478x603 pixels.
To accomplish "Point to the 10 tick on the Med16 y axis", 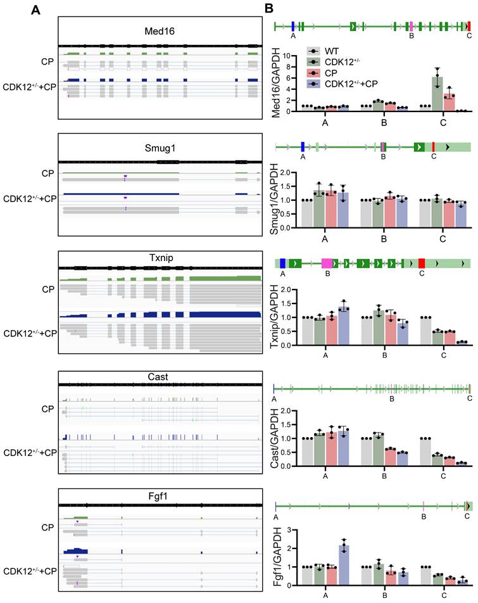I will [288, 55].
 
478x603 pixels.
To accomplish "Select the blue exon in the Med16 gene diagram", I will [292, 26].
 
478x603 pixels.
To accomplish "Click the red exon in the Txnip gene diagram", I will [422, 262].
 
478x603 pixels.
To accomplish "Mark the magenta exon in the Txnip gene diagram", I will [327, 262].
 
